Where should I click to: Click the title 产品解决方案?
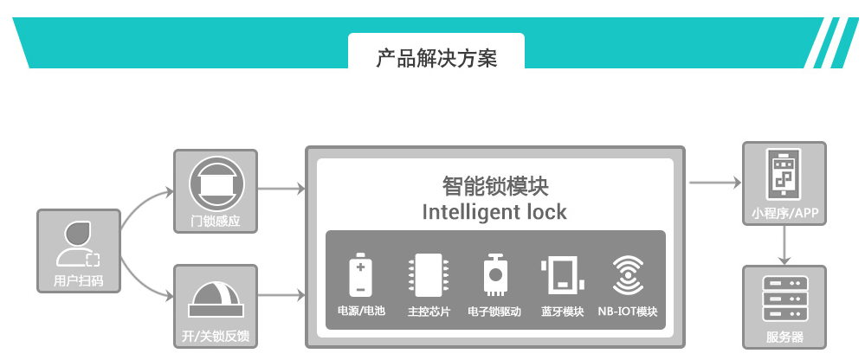point(436,59)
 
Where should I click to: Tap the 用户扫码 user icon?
point(78,243)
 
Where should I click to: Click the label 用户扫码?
point(78,280)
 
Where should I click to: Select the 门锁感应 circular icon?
point(216,183)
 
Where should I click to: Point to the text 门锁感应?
point(216,221)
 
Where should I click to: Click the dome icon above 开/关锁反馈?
point(216,299)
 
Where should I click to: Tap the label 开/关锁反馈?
point(216,336)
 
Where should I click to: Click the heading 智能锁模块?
point(495,186)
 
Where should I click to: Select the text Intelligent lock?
point(494,211)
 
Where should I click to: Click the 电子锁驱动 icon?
point(494,275)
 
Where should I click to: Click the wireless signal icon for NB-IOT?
point(628,275)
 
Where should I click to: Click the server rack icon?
point(784,299)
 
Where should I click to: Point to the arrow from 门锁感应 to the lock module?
point(282,187)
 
